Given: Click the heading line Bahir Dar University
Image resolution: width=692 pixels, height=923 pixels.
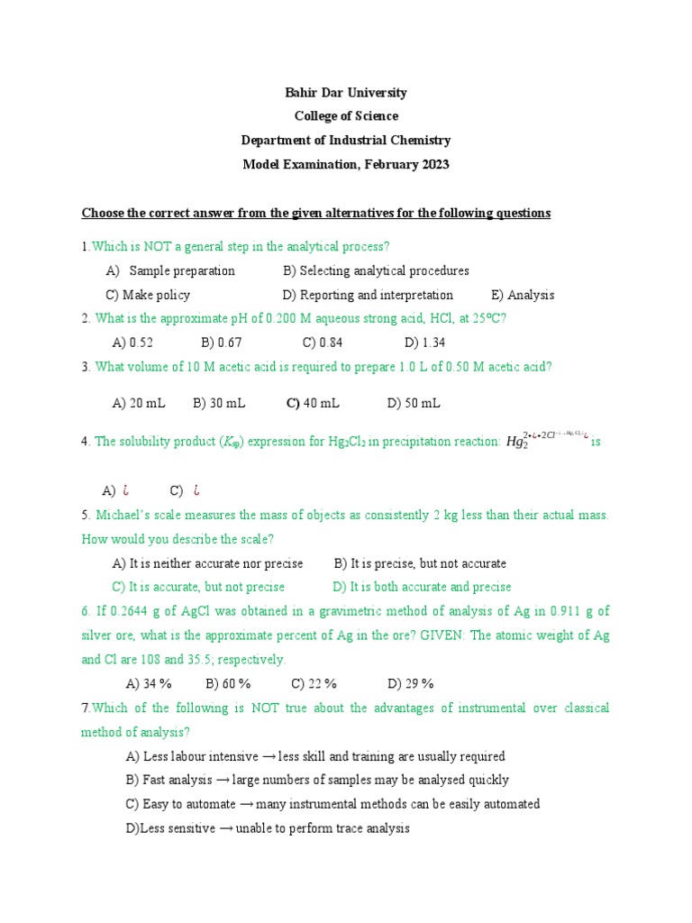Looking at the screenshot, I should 346,93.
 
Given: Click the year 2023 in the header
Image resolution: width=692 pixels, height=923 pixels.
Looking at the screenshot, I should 432,164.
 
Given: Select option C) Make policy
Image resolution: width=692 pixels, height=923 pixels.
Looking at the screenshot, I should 148,295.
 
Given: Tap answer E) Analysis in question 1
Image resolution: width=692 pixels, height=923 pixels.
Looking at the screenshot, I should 523,295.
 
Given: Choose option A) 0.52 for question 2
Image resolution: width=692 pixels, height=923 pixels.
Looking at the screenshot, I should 132,343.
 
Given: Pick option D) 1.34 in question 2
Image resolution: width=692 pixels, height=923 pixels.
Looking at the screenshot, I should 425,343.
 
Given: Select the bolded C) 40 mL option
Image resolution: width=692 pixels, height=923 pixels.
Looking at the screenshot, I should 313,403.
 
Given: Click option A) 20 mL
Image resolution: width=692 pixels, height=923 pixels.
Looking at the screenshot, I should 139,403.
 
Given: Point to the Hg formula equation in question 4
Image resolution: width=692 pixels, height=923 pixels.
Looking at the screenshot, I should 546,440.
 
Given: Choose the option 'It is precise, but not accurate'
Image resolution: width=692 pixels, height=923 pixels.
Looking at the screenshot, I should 420,563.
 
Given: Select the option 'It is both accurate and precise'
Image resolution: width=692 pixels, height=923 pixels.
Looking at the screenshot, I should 422,587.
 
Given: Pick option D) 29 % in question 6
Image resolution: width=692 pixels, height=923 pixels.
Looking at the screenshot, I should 411,683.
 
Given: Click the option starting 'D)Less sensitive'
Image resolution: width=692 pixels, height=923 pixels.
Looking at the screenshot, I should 268,828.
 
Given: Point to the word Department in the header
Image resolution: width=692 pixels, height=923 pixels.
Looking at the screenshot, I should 274,141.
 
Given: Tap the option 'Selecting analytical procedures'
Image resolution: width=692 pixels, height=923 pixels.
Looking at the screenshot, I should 376,270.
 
